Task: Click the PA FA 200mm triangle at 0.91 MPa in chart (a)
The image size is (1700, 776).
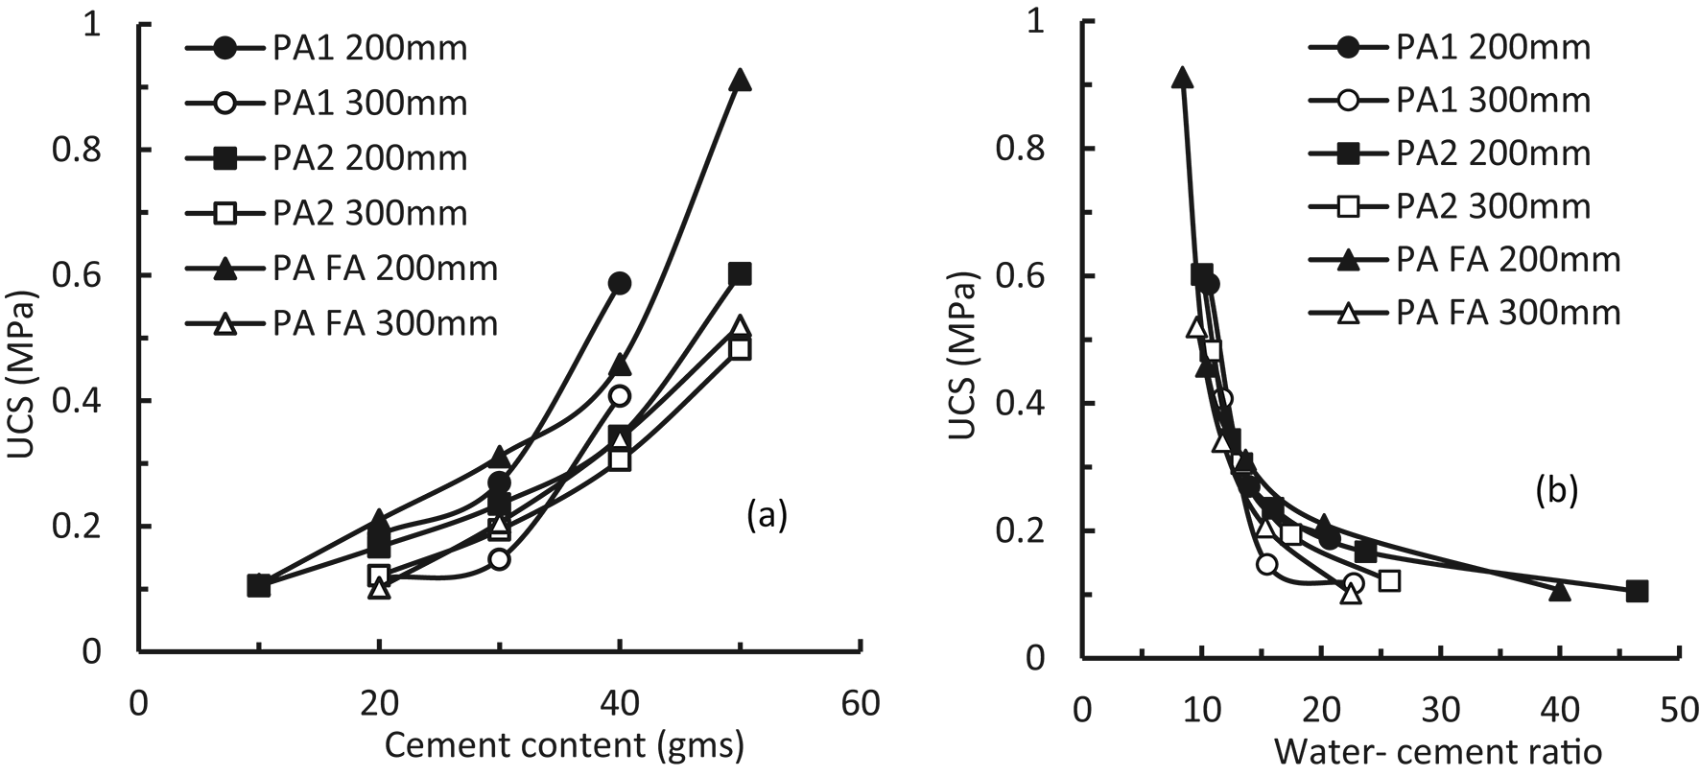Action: (740, 81)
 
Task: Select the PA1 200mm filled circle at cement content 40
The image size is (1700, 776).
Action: (620, 283)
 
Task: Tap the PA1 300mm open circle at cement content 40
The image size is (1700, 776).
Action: (620, 395)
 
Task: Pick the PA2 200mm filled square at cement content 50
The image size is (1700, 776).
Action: (740, 274)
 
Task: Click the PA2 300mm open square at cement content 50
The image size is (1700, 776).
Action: (740, 349)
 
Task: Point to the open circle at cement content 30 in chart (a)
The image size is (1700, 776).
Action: (499, 559)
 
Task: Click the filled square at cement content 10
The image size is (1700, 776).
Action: (258, 585)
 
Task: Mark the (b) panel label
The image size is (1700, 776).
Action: (1555, 491)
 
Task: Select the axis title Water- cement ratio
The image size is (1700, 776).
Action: (1437, 752)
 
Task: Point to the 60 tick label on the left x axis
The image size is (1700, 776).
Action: (861, 705)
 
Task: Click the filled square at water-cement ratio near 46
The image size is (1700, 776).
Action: (1637, 591)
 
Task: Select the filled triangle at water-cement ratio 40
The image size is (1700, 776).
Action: (1560, 591)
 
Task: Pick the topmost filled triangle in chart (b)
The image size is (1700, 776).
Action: (1183, 79)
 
